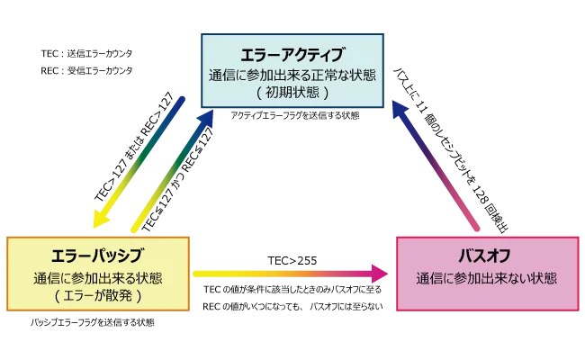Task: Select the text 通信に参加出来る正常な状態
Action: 293,74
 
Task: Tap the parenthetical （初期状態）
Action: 293,92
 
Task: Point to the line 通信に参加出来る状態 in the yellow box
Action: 99,275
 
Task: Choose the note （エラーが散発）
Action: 99,293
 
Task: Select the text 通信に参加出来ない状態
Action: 486,277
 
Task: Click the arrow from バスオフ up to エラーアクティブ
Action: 441,166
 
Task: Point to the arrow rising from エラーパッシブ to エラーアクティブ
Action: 171,171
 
